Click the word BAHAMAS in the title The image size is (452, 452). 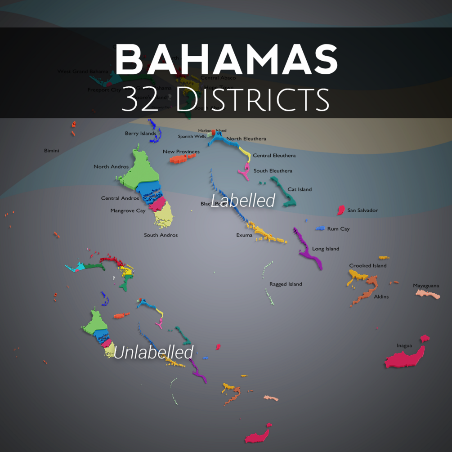tap(226, 60)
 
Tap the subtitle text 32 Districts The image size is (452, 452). tap(225, 99)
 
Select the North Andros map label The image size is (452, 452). tap(111, 167)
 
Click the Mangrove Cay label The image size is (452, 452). tap(128, 210)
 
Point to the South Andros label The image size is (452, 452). tap(161, 235)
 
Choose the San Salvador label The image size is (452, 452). tap(362, 210)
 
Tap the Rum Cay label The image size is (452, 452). tap(338, 229)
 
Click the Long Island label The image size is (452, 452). tap(326, 249)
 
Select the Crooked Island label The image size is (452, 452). tap(368, 266)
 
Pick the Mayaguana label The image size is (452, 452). tap(426, 286)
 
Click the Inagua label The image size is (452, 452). tap(404, 346)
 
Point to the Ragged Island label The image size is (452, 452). tap(286, 284)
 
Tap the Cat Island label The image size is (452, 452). tap(300, 189)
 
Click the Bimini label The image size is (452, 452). tap(51, 151)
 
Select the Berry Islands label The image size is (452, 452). tap(140, 134)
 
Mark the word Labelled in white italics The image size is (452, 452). tap(243, 201)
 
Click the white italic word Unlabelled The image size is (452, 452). tap(153, 352)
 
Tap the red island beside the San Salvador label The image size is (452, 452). tap(341, 210)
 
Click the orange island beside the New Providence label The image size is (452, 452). tap(181, 159)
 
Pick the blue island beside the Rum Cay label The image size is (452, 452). tap(320, 228)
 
